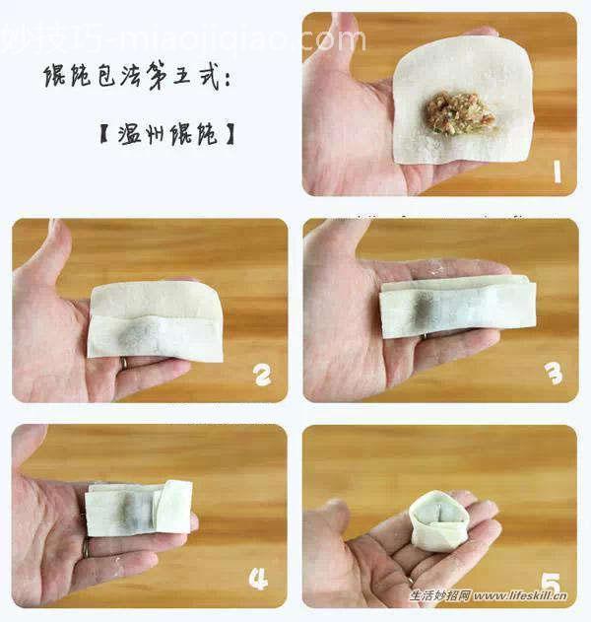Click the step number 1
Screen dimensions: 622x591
click(x=557, y=173)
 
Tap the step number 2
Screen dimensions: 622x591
click(x=262, y=375)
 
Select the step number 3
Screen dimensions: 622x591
click(x=554, y=373)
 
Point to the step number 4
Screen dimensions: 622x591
click(x=258, y=580)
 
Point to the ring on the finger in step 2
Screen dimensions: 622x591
click(x=123, y=363)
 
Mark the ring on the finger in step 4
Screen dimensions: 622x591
click(x=86, y=548)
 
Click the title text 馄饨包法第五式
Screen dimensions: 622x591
click(x=138, y=77)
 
